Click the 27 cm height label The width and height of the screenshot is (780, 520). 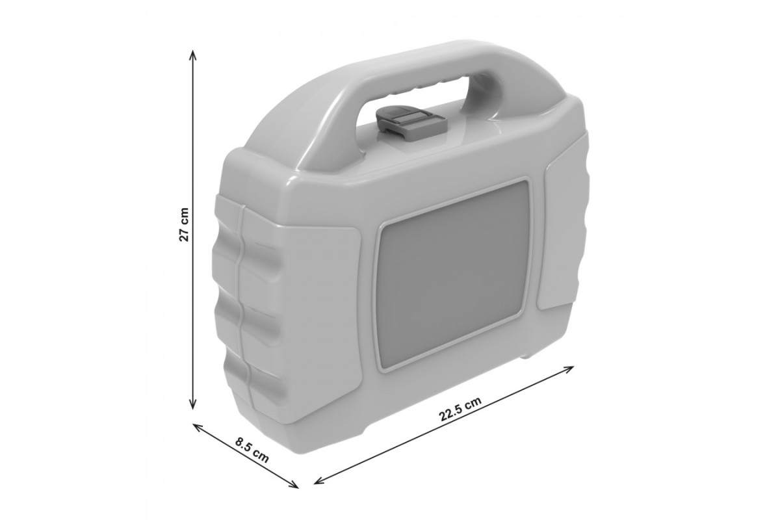(x=184, y=225)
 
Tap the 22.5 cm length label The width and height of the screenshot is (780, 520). (x=460, y=409)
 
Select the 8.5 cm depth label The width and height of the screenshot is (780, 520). (x=252, y=450)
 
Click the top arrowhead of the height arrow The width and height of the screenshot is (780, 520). (x=192, y=55)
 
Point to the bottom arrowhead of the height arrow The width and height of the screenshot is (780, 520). (x=192, y=405)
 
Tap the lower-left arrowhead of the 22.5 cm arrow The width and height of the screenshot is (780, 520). (x=320, y=480)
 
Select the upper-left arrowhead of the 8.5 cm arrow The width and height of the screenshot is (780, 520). (x=198, y=427)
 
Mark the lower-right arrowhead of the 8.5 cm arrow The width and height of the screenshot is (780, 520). (x=293, y=484)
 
